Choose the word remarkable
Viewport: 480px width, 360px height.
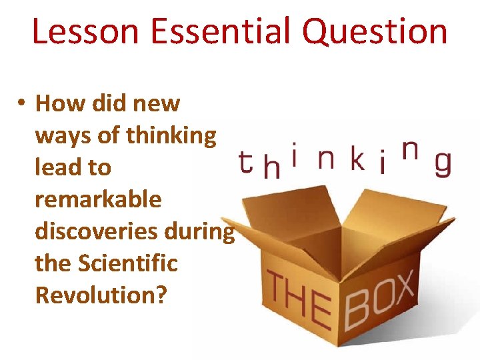click(x=98, y=199)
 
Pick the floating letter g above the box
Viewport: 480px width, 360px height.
click(x=442, y=164)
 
